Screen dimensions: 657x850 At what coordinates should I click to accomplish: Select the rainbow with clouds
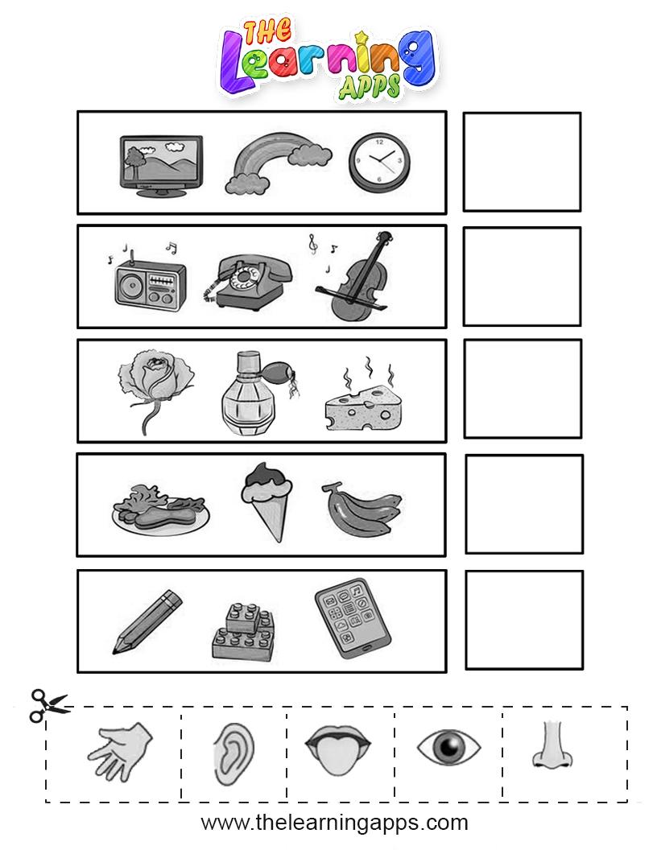pos(278,163)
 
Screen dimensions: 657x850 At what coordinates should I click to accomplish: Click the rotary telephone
pos(248,283)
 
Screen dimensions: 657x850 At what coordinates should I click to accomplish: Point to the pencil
pos(147,621)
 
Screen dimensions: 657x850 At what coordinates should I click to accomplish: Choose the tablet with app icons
pos(353,618)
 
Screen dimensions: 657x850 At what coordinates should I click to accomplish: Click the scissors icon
pos(48,705)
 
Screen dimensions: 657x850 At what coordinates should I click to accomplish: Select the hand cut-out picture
pos(120,751)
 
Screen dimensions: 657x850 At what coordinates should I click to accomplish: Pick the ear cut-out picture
pos(233,755)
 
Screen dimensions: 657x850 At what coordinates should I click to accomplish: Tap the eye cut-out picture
pos(448,746)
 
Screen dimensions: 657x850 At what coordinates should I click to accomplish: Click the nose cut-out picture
pos(553,745)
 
